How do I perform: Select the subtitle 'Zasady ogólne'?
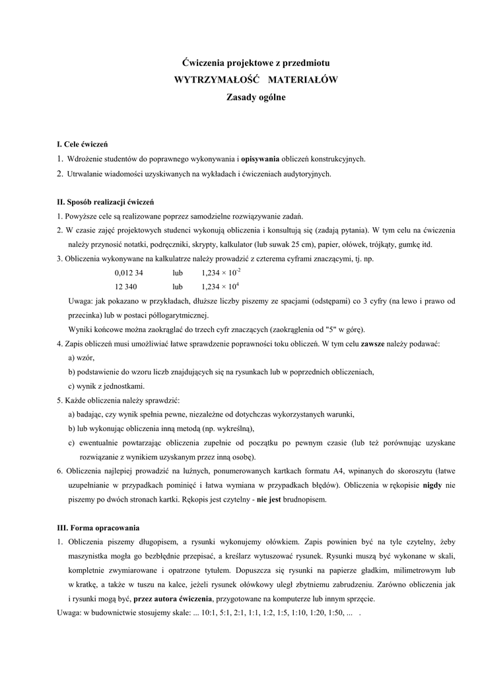pyautogui.click(x=256, y=96)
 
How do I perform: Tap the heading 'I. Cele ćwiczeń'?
pyautogui.click(x=83, y=144)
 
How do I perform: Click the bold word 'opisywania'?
pyautogui.click(x=260, y=159)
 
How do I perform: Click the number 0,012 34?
pyautogui.click(x=129, y=273)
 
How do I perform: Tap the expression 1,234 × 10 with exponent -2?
pyautogui.click(x=221, y=273)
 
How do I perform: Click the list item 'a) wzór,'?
pyautogui.click(x=81, y=358)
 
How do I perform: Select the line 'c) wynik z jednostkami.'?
pyautogui.click(x=106, y=386)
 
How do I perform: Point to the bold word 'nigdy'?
pyautogui.click(x=432, y=485)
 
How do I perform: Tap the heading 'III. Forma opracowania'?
pyautogui.click(x=98, y=528)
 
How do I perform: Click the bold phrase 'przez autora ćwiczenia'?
pyautogui.click(x=173, y=599)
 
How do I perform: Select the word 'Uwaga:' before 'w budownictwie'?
pyautogui.click(x=69, y=613)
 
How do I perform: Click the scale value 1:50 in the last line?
pyautogui.click(x=335, y=613)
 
